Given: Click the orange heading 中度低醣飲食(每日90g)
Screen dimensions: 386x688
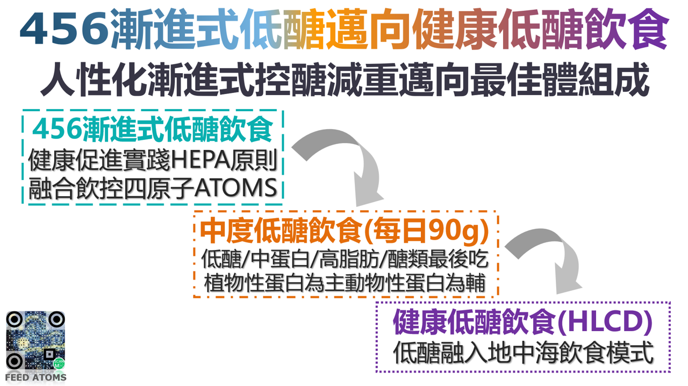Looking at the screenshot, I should (x=345, y=232).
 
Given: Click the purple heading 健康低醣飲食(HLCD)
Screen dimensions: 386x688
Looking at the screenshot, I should (x=522, y=321).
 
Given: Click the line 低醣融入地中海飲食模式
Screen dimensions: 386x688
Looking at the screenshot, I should (x=522, y=353).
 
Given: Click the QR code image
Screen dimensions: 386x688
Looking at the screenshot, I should (x=35, y=340).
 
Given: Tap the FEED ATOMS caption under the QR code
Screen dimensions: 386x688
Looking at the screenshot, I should (x=35, y=377).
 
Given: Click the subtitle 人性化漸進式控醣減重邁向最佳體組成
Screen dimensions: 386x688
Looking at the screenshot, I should (x=345, y=81).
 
